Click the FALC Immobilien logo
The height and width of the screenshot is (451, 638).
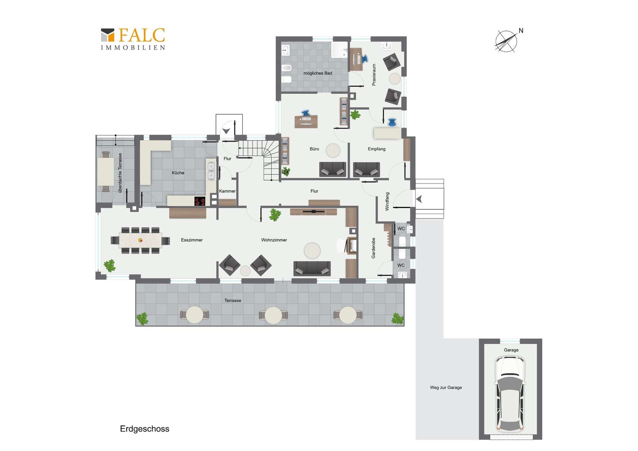[133, 39]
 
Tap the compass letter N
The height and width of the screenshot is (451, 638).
[521, 31]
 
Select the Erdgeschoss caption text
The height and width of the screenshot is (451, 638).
[145, 429]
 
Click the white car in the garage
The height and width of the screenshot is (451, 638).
[510, 394]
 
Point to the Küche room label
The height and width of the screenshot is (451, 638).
[178, 173]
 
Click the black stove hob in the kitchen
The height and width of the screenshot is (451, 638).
[200, 201]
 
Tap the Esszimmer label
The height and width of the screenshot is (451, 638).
[192, 240]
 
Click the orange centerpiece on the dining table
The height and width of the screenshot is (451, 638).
[140, 240]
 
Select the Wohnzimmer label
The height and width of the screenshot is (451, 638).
[274, 240]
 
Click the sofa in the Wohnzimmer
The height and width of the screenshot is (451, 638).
[312, 269]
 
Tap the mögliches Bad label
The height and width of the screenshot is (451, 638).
[318, 73]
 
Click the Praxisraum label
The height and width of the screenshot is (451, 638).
[374, 75]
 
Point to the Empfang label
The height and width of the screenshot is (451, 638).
[376, 149]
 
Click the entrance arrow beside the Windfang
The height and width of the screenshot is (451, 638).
[419, 199]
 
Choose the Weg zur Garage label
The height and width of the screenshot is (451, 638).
[446, 388]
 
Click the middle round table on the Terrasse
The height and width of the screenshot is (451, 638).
[273, 315]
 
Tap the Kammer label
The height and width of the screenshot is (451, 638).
[227, 191]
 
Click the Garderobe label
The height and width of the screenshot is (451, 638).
[373, 248]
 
